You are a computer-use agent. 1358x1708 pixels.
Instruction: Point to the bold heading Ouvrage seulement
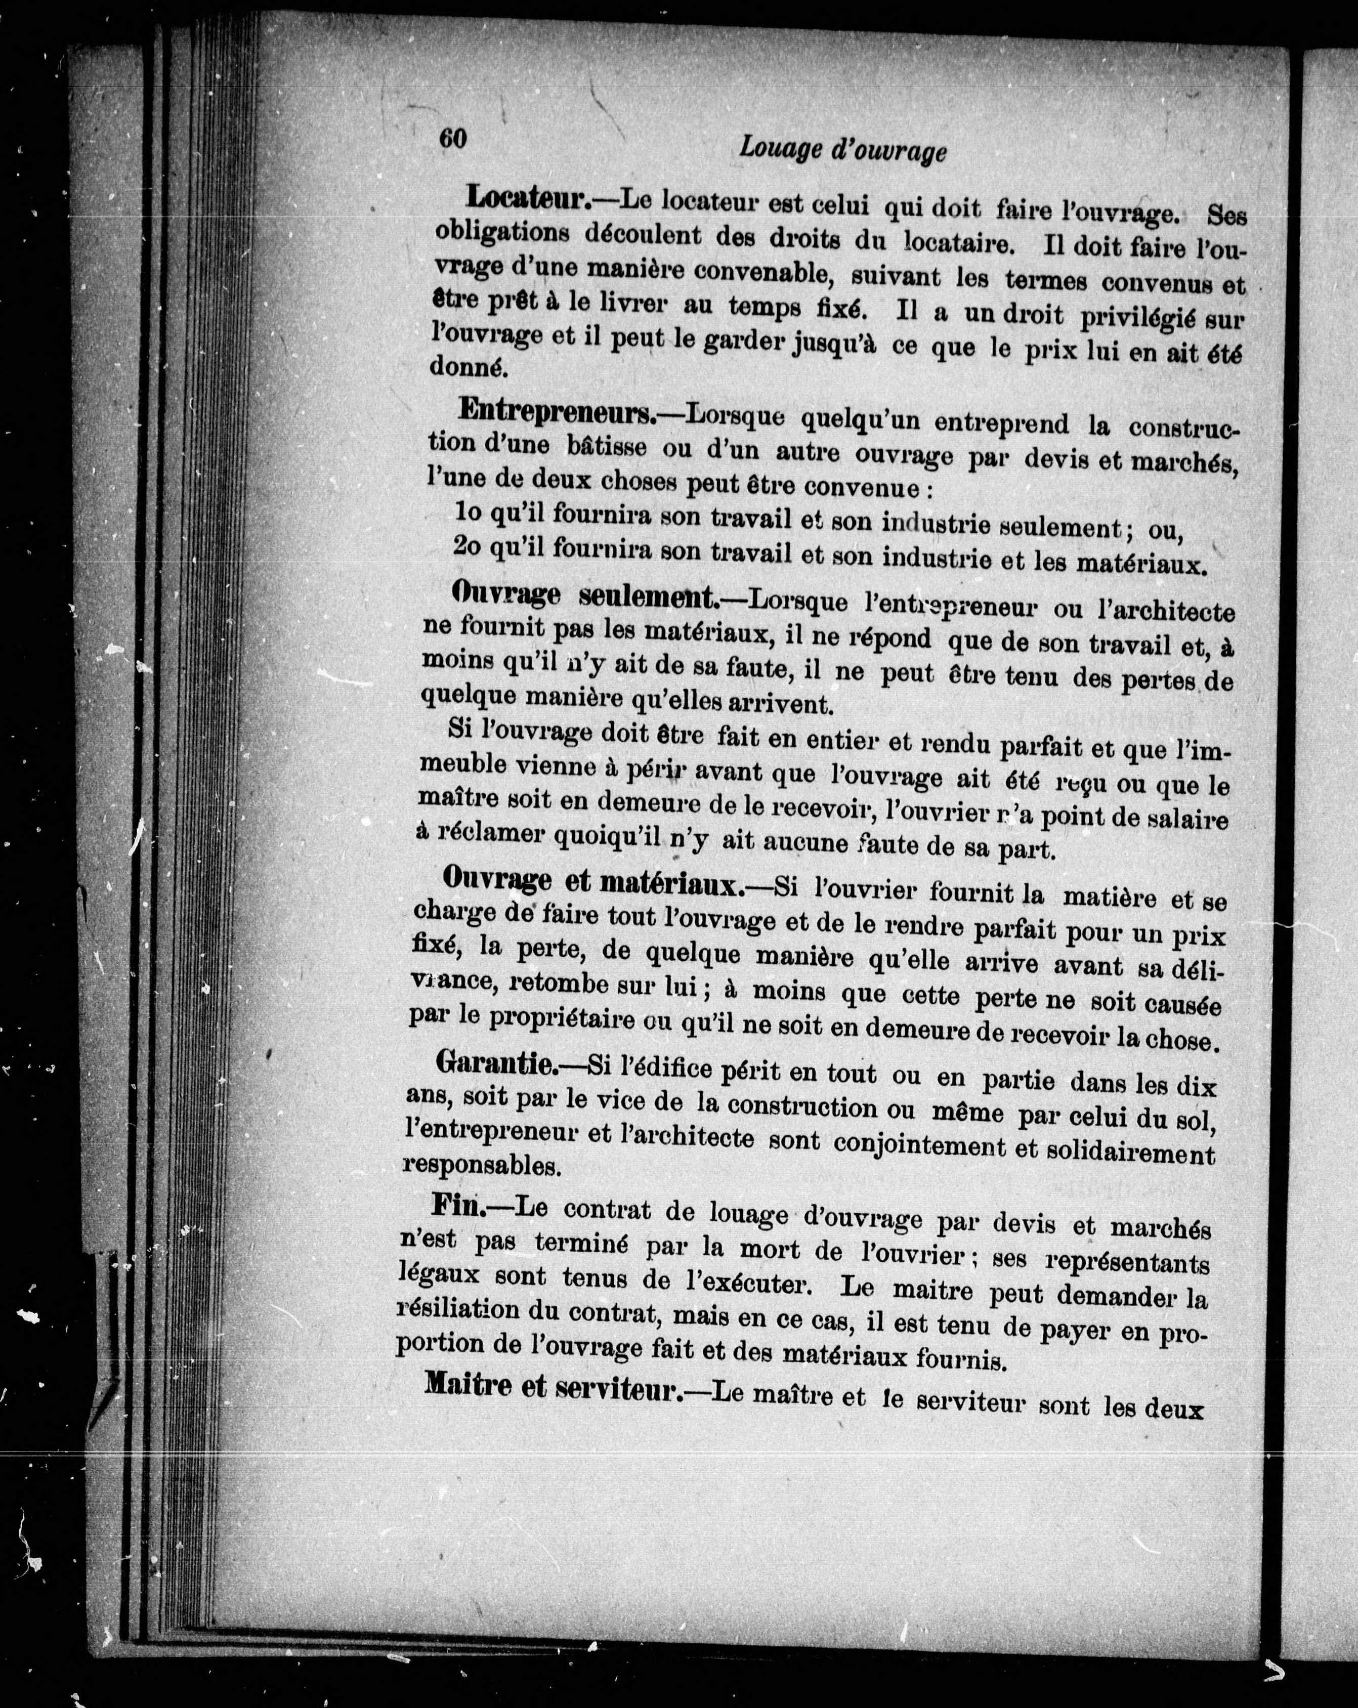(585, 596)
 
